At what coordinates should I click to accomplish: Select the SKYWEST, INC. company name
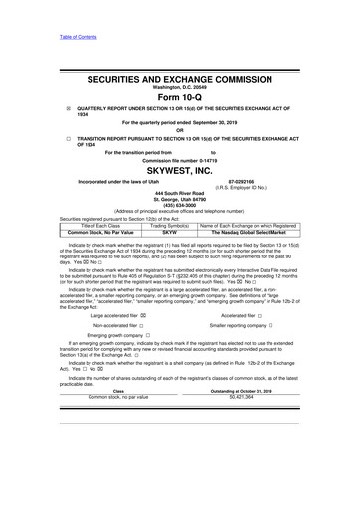point(179,170)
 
